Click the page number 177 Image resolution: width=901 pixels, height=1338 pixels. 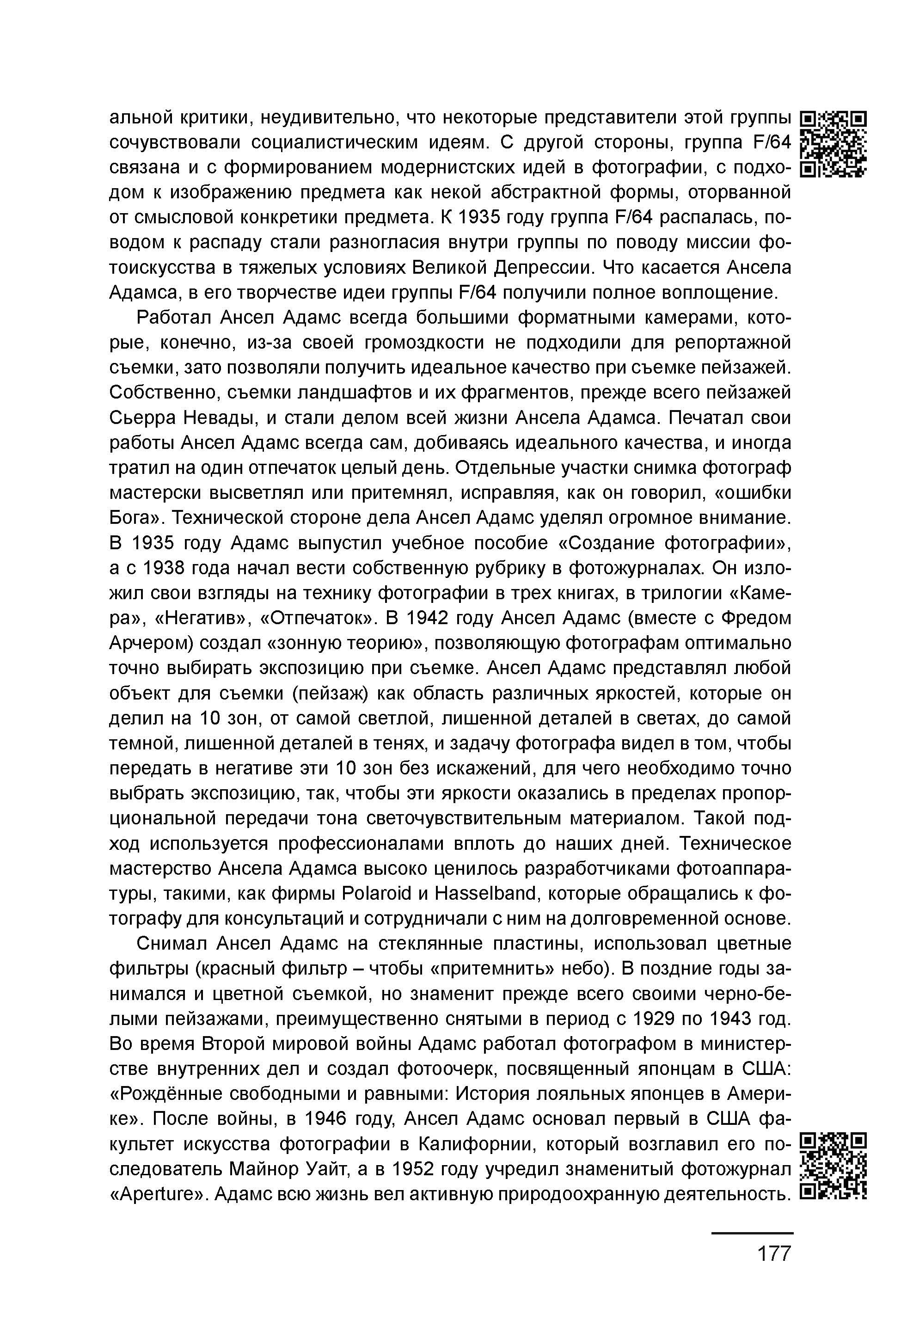[774, 1253]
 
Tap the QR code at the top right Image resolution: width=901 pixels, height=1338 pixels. [833, 144]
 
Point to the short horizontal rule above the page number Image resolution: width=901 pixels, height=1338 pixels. [752, 1234]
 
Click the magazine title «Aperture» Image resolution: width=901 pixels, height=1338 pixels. [156, 1194]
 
